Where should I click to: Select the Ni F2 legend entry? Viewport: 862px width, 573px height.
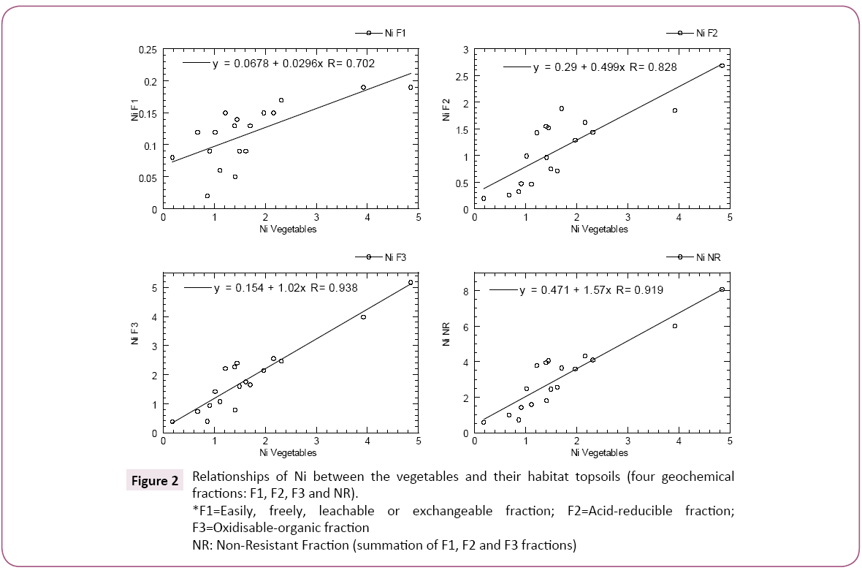(x=694, y=33)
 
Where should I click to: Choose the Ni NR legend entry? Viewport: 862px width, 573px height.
(x=694, y=257)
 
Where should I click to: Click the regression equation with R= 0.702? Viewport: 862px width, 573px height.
(x=294, y=64)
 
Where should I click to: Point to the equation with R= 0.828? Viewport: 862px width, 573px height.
(x=605, y=67)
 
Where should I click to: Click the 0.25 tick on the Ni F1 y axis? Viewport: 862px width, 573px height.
(x=148, y=50)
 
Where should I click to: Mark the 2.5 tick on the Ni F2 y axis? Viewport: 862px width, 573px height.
(x=461, y=76)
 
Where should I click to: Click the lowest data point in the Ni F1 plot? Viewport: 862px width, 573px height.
(x=207, y=196)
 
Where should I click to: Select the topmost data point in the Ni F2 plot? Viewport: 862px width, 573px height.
(x=722, y=66)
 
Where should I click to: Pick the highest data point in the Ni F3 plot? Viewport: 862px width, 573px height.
(x=411, y=282)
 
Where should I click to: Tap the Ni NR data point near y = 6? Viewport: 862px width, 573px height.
(x=674, y=326)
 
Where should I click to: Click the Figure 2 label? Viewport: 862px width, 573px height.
(x=155, y=481)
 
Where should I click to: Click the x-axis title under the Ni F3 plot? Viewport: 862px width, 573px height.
(x=287, y=453)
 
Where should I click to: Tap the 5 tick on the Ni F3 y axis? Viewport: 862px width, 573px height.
(x=153, y=288)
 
